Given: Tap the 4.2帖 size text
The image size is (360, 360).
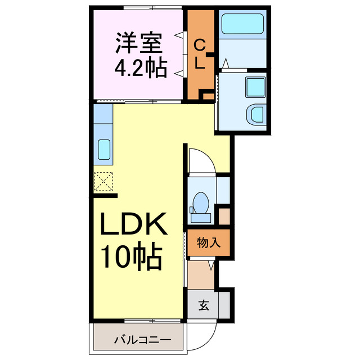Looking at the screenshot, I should click(141, 67).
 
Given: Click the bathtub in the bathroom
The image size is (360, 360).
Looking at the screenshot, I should click(242, 24).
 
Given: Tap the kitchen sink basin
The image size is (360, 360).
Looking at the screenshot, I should click(104, 150).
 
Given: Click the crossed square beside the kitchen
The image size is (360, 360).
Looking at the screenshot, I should click(104, 181).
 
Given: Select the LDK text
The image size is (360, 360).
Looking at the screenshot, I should click(133, 226).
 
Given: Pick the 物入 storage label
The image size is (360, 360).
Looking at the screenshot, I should click(208, 243).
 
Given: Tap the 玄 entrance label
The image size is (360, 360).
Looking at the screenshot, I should click(204, 306).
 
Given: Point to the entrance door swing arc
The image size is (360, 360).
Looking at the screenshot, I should click(204, 337).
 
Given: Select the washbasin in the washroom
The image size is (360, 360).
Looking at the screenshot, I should click(257, 114).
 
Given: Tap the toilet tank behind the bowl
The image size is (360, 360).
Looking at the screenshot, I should click(200, 216).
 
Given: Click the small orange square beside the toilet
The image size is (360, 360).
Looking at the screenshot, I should click(224, 216).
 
